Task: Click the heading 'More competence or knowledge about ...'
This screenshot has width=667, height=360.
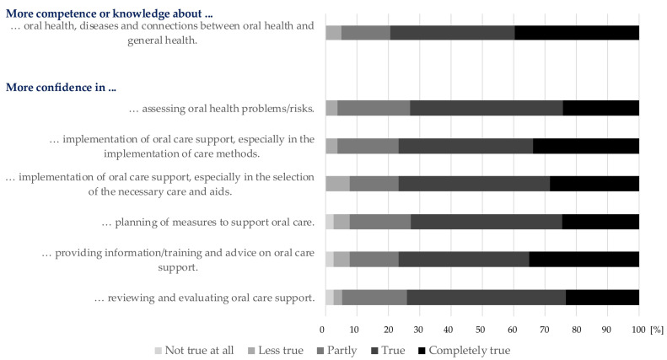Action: (x=110, y=13)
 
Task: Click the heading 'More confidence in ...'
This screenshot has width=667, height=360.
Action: (x=61, y=87)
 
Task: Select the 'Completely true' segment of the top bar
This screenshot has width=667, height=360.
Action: (x=577, y=33)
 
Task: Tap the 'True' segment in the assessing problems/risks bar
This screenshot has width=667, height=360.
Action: (x=487, y=108)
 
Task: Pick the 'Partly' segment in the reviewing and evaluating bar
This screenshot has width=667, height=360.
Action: (x=374, y=298)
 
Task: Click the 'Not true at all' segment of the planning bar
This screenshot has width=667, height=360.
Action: (x=330, y=222)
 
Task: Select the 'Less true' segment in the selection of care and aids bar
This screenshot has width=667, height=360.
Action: (x=338, y=184)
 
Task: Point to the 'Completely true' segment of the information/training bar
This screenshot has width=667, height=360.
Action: (x=584, y=259)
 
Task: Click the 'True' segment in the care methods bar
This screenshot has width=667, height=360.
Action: (x=465, y=146)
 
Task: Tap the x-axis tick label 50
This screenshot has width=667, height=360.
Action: (x=481, y=330)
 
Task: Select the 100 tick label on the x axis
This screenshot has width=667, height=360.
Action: (x=638, y=330)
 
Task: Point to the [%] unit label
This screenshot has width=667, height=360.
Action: (x=657, y=330)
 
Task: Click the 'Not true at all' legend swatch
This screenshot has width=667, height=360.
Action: (x=159, y=351)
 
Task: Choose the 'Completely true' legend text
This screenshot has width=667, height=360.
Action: (x=470, y=351)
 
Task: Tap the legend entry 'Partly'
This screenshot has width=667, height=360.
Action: (x=337, y=351)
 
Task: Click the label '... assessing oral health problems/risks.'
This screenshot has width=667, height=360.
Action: (x=222, y=109)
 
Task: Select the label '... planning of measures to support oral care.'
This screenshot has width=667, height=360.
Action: (x=208, y=223)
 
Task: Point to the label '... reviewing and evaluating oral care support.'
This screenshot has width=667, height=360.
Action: (x=205, y=298)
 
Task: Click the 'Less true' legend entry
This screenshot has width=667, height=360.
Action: (x=276, y=351)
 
